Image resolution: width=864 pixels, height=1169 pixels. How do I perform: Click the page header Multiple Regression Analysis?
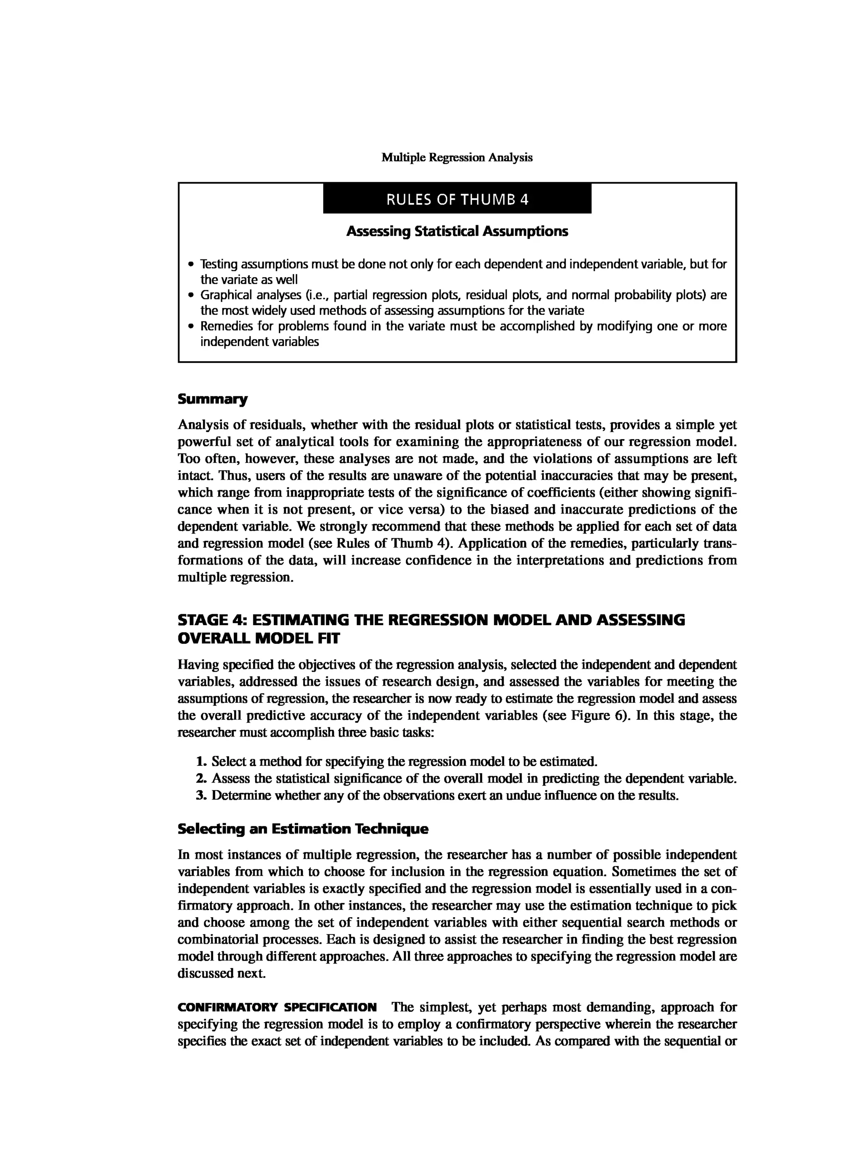(456, 157)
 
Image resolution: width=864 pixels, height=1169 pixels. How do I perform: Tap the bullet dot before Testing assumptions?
(192, 264)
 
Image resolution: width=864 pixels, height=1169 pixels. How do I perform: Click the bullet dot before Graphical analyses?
(192, 295)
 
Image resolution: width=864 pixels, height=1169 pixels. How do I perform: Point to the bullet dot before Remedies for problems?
(192, 327)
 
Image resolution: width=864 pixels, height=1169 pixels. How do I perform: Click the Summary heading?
(212, 400)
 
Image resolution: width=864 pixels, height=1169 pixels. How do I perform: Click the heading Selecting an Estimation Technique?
(303, 829)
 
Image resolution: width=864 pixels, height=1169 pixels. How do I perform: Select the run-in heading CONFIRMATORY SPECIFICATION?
(277, 1007)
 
